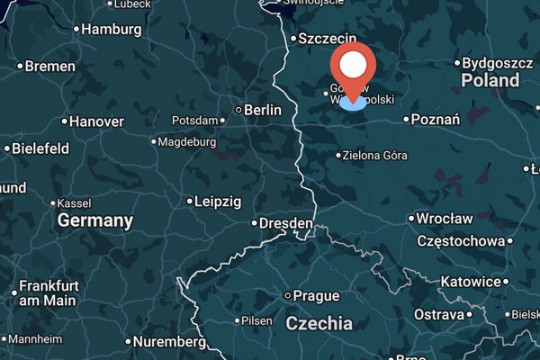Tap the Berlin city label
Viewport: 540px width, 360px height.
[x=263, y=110]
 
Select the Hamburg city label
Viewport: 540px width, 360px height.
[x=112, y=30]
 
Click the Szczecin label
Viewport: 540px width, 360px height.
[x=328, y=39]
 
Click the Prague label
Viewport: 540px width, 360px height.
[x=316, y=295]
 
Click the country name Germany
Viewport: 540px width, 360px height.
[x=95, y=220]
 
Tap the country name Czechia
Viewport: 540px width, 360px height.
[x=319, y=323]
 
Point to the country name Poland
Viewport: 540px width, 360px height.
[x=490, y=80]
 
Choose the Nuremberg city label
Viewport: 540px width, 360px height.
[x=169, y=342]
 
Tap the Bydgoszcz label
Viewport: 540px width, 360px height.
[x=499, y=64]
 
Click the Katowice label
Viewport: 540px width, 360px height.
[x=469, y=283]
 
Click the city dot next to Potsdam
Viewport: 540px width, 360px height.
[x=224, y=121]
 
